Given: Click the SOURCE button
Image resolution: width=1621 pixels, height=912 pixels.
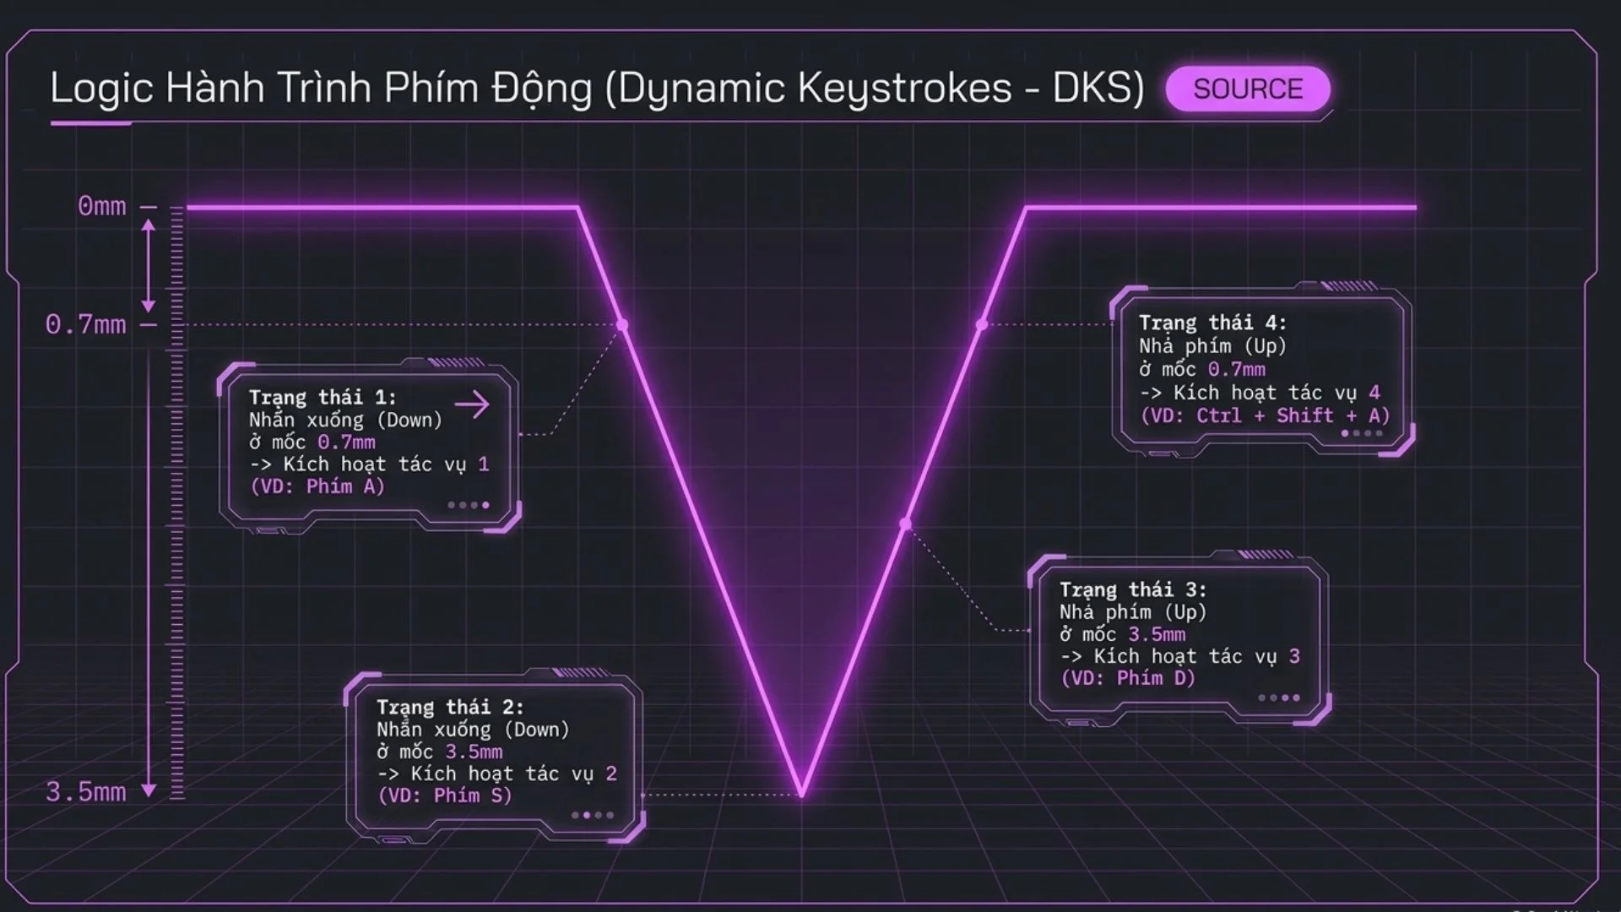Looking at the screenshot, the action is tap(1248, 89).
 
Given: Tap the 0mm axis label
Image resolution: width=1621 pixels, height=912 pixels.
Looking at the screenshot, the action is tap(101, 206).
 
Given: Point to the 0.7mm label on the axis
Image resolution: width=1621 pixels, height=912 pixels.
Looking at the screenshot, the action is tap(85, 324).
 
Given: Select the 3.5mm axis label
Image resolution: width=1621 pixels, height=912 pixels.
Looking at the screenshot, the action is tap(85, 792).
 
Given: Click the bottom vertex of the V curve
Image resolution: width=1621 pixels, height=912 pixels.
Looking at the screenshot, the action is tap(801, 795).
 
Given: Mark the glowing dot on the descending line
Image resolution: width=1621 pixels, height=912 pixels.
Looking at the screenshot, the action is tap(622, 324).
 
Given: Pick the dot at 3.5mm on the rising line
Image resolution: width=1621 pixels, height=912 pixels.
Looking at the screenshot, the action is tap(905, 524).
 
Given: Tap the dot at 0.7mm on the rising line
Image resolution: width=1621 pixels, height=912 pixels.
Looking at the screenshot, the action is tap(981, 324).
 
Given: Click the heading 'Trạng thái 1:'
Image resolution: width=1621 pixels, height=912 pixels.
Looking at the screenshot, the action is tap(323, 397).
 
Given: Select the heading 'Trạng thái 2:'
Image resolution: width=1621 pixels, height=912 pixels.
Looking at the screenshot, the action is tap(450, 707).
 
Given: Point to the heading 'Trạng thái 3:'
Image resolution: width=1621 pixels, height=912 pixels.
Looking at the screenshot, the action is tap(1133, 589).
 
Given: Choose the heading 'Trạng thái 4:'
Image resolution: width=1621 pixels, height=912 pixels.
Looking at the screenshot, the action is tap(1212, 323).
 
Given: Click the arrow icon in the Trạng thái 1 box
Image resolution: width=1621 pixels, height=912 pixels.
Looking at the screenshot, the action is tap(472, 404).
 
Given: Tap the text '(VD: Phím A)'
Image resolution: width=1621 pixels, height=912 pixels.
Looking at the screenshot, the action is tap(317, 486).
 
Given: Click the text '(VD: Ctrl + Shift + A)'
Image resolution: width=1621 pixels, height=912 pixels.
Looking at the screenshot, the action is tap(1265, 415).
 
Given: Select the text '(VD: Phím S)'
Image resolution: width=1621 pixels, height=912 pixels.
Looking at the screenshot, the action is tap(445, 795).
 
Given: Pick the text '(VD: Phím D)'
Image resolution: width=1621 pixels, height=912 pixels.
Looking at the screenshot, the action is tap(1129, 678).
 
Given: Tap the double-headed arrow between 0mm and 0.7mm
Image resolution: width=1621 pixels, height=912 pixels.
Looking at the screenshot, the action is tap(149, 265).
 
